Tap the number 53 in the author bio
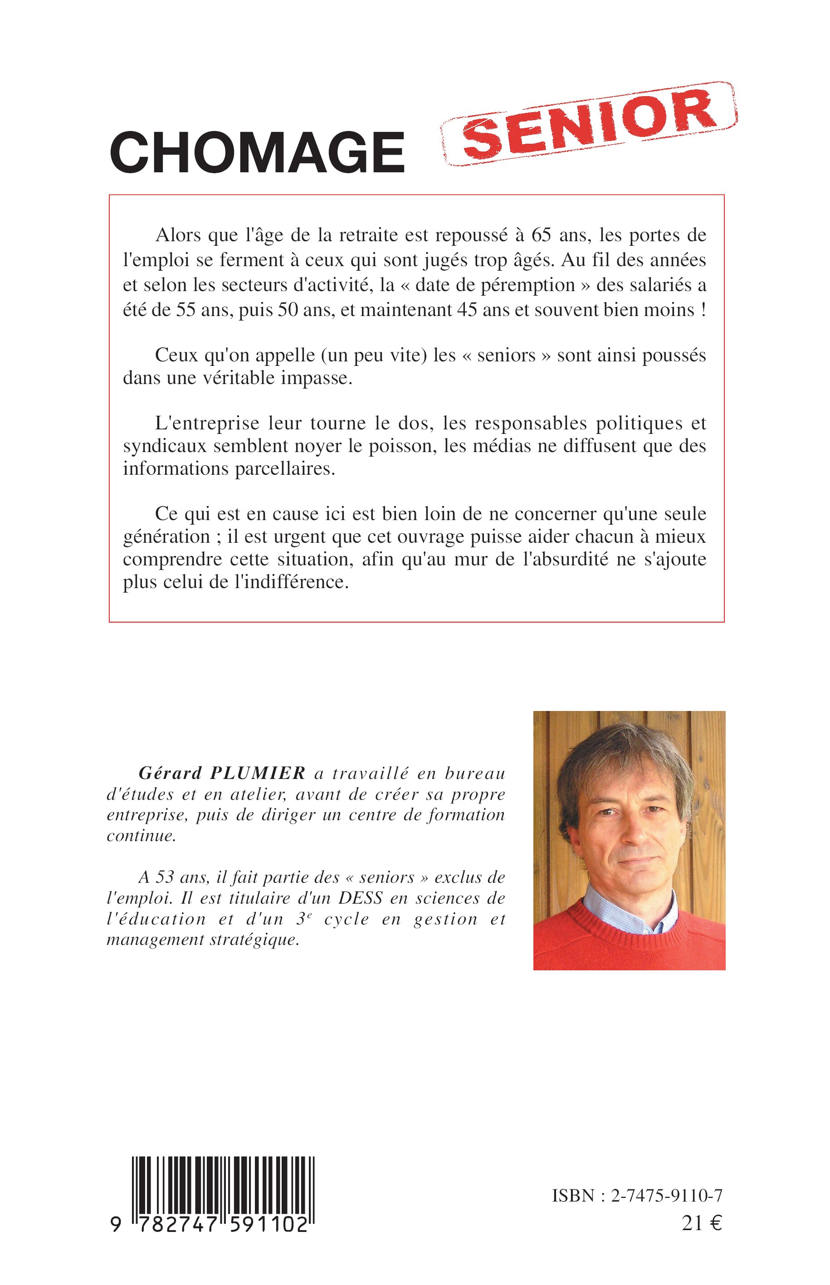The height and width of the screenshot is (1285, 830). pos(165,877)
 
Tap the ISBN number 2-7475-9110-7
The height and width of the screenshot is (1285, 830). pos(667,1196)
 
